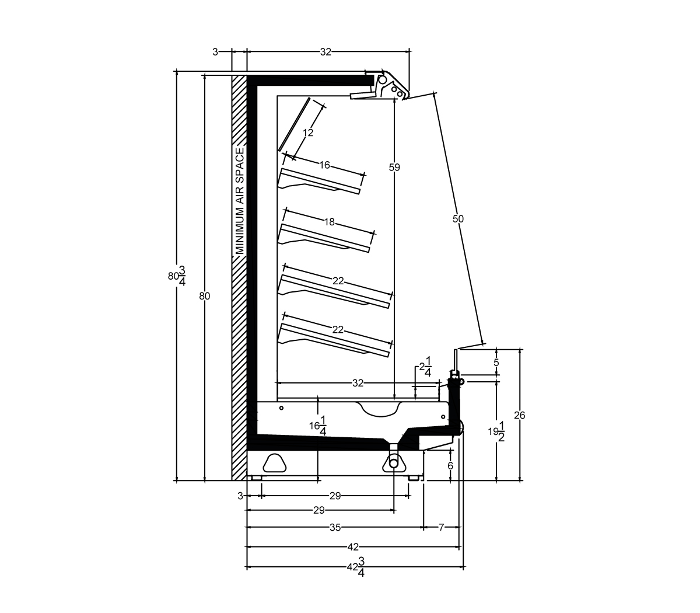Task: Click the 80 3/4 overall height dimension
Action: pos(177,276)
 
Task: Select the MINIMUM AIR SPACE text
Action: pos(240,201)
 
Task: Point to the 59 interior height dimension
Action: pos(394,168)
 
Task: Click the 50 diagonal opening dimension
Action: pos(458,218)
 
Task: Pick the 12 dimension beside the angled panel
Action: pos(308,133)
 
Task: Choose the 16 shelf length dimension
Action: pos(324,165)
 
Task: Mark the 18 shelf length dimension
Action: pos(329,222)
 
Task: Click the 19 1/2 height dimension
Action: pos(496,432)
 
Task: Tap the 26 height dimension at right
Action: pos(519,416)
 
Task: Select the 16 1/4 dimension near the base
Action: pos(318,426)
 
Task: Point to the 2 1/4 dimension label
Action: pos(425,367)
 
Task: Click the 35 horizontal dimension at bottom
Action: pos(335,528)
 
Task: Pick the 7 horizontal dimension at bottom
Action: pos(442,527)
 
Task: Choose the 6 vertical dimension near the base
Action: pos(450,466)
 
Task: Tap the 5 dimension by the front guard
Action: pos(496,363)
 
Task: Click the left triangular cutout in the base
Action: pos(275,463)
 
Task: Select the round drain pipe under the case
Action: pos(394,464)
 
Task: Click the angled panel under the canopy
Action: pos(295,124)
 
